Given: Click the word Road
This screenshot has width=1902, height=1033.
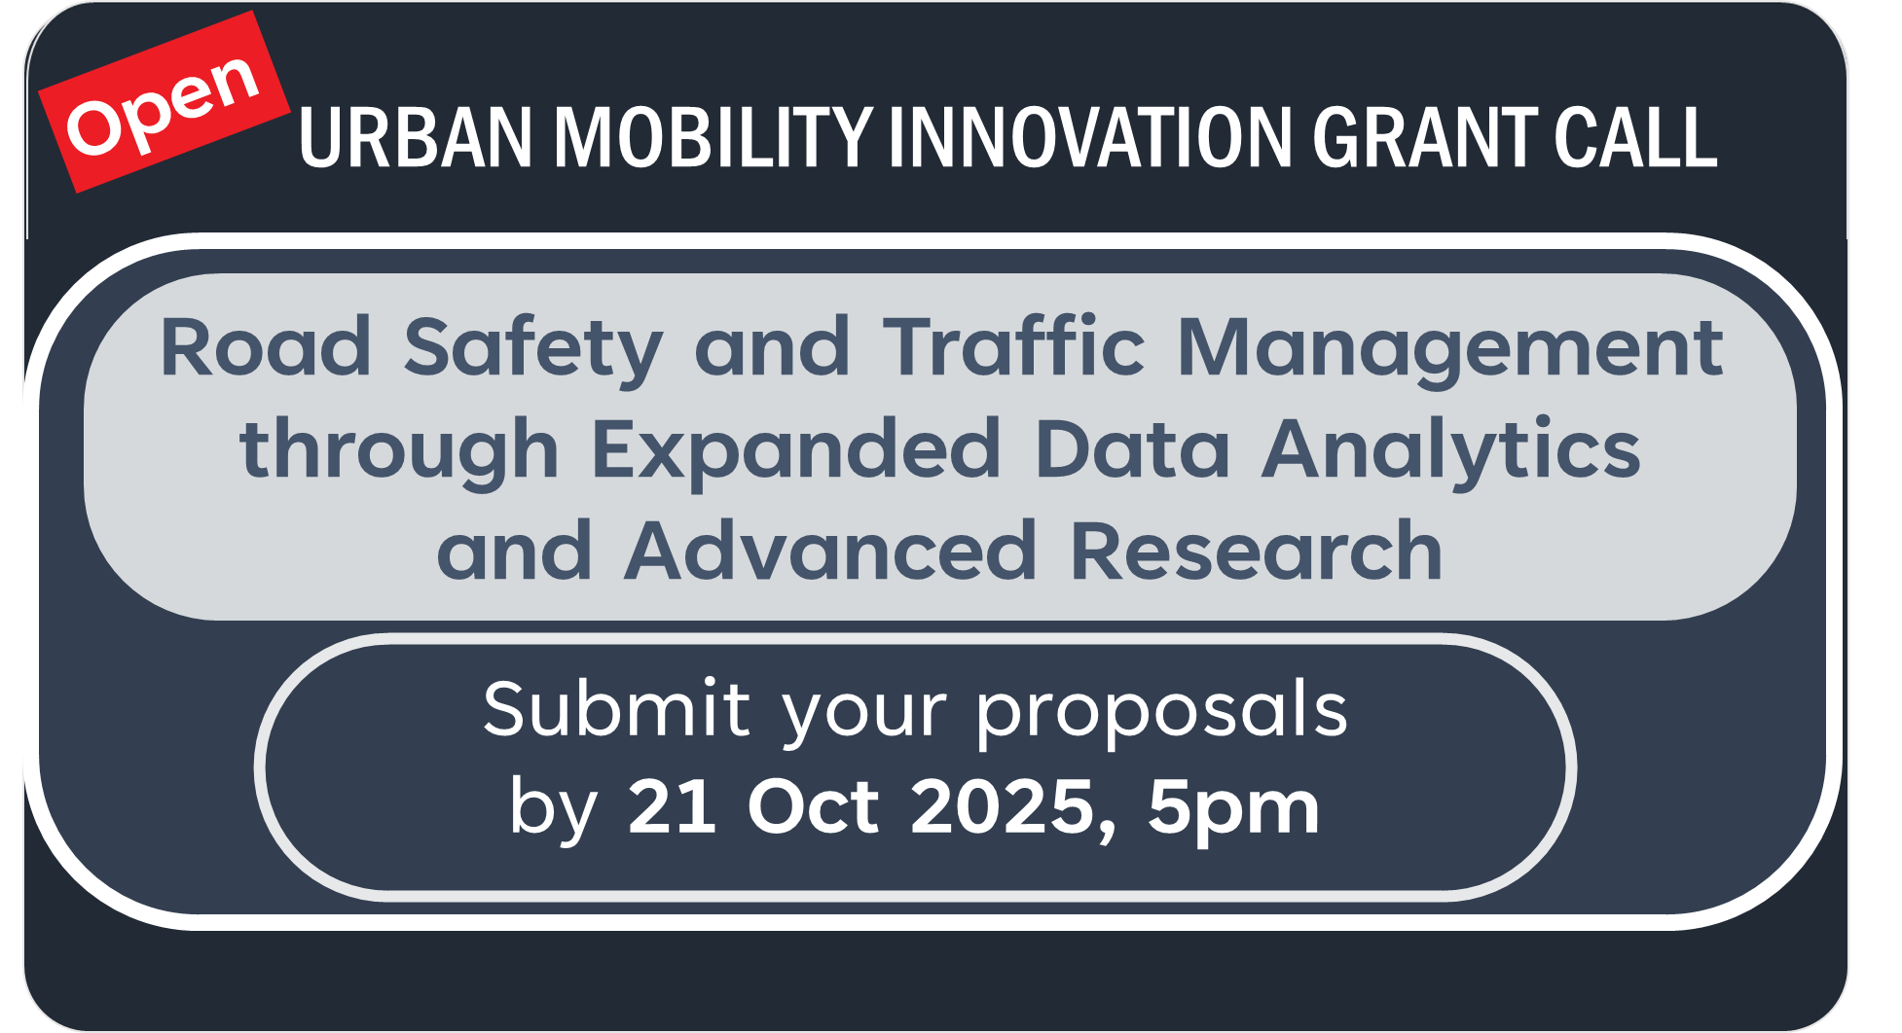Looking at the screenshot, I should (x=266, y=347).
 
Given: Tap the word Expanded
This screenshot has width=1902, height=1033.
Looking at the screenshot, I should (x=795, y=450).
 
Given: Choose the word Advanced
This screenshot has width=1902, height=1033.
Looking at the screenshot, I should (x=830, y=552).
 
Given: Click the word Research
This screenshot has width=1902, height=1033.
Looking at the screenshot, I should (x=1256, y=552).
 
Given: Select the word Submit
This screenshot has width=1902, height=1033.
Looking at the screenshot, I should (x=616, y=709).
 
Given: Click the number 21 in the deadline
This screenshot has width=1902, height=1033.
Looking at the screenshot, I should (x=672, y=806).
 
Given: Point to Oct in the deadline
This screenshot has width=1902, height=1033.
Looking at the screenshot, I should (x=813, y=806).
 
